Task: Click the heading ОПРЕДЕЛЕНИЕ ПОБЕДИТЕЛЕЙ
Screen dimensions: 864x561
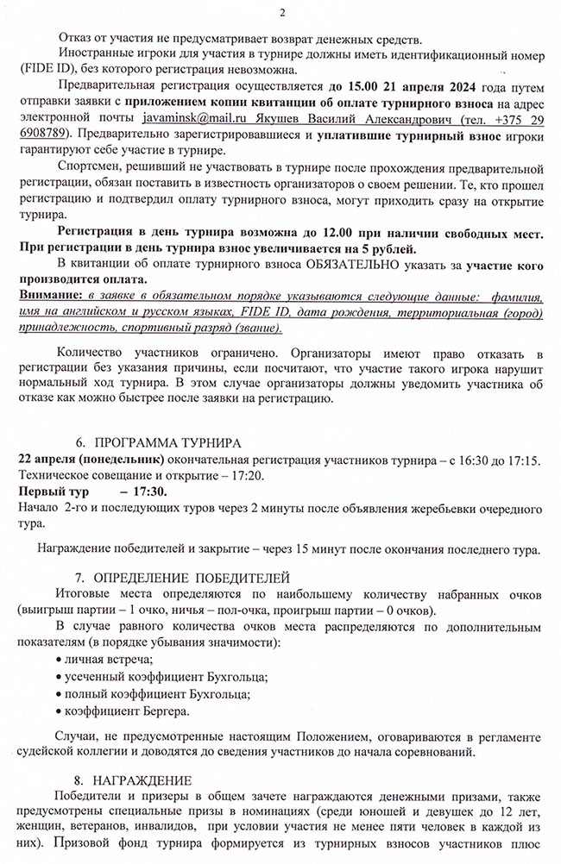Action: click(x=192, y=576)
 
